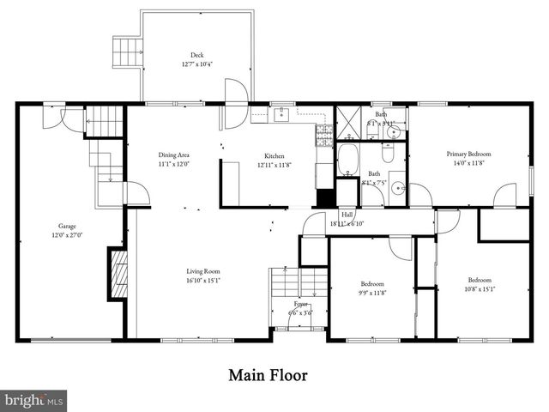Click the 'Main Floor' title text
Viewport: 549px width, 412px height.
click(267, 375)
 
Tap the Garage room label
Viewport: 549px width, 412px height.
click(61, 227)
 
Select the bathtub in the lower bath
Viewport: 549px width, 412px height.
click(348, 160)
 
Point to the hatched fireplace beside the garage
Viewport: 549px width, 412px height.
click(119, 273)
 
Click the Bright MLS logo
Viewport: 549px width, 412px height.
click(33, 400)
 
